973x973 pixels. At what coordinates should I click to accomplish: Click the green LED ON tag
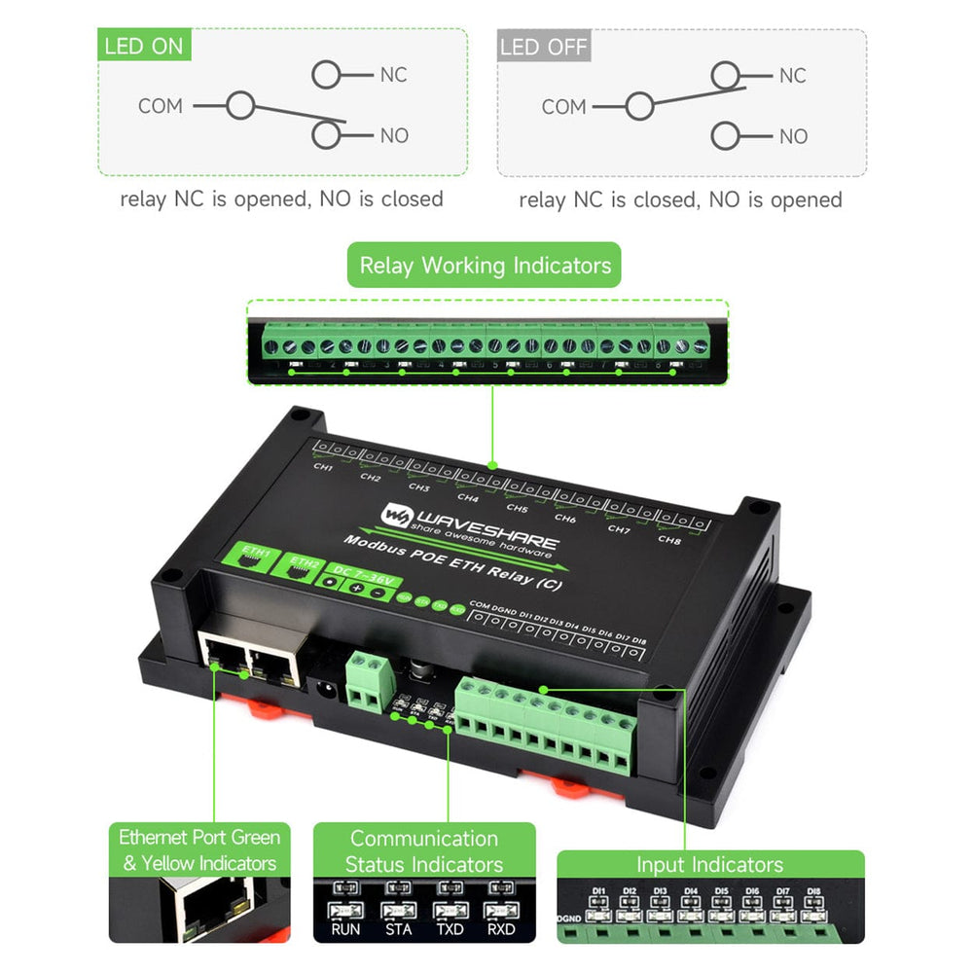pyautogui.click(x=143, y=46)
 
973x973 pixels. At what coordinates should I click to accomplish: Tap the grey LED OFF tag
pyautogui.click(x=544, y=47)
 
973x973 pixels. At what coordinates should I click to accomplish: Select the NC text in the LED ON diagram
pyautogui.click(x=393, y=75)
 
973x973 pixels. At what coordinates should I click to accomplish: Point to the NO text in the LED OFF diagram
pyautogui.click(x=793, y=136)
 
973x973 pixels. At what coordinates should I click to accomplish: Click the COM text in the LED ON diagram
pyautogui.click(x=161, y=106)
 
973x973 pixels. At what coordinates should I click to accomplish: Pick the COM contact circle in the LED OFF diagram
pyautogui.click(x=638, y=106)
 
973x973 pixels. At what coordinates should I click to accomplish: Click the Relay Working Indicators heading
pyautogui.click(x=485, y=265)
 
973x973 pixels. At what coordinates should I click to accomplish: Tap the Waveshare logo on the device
pyautogui.click(x=397, y=513)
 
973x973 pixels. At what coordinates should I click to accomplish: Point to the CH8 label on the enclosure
pyautogui.click(x=669, y=539)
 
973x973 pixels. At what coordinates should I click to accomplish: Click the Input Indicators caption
pyautogui.click(x=709, y=864)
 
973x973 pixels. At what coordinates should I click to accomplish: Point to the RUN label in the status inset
pyautogui.click(x=344, y=929)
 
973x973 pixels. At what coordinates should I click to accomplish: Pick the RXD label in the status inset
pyautogui.click(x=501, y=929)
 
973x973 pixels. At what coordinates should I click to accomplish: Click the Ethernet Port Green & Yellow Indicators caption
pyautogui.click(x=199, y=849)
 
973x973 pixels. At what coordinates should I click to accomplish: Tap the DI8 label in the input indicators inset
pyautogui.click(x=813, y=891)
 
